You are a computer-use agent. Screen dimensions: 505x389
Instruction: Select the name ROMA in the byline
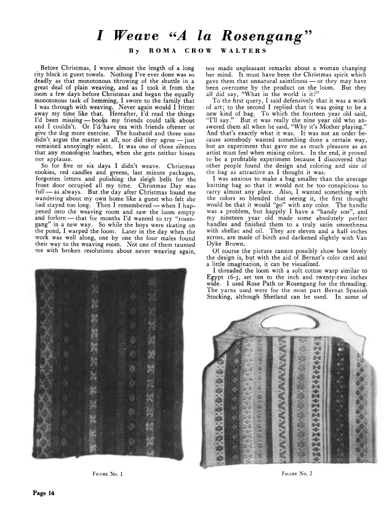pos(158,49)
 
